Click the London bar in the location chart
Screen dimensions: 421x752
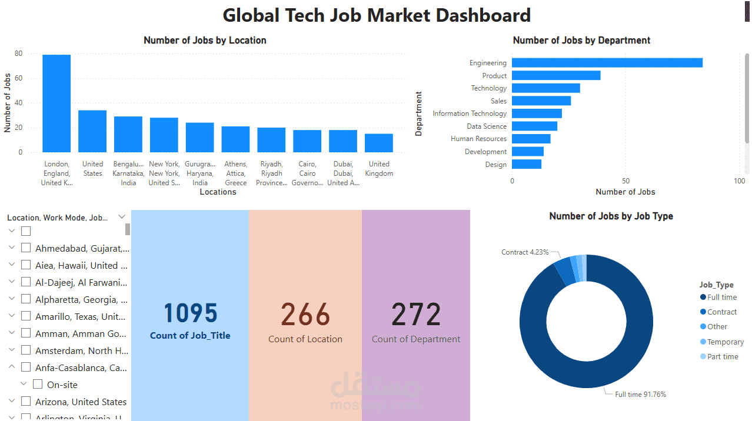tap(56, 103)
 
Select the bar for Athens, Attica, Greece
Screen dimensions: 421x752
tap(235, 139)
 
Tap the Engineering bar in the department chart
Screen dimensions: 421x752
tap(607, 63)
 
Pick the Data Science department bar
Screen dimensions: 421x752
tap(534, 126)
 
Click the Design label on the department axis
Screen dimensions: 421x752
tap(495, 165)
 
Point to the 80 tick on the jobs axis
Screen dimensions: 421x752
tap(18, 54)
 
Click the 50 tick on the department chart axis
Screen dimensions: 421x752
tap(625, 181)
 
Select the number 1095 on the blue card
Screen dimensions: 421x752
tap(190, 314)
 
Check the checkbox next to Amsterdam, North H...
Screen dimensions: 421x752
tap(26, 350)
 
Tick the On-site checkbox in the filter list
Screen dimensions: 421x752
tap(38, 385)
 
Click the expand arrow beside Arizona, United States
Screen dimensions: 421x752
tap(12, 402)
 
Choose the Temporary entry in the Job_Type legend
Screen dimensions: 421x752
tap(725, 342)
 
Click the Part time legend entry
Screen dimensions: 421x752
tap(723, 356)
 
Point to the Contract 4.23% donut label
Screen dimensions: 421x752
tap(525, 252)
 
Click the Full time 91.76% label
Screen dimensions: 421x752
tap(640, 395)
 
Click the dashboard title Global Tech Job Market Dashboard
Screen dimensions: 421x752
tap(377, 15)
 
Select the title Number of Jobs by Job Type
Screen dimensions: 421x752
tap(611, 216)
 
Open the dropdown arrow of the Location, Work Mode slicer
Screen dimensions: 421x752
tap(122, 217)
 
